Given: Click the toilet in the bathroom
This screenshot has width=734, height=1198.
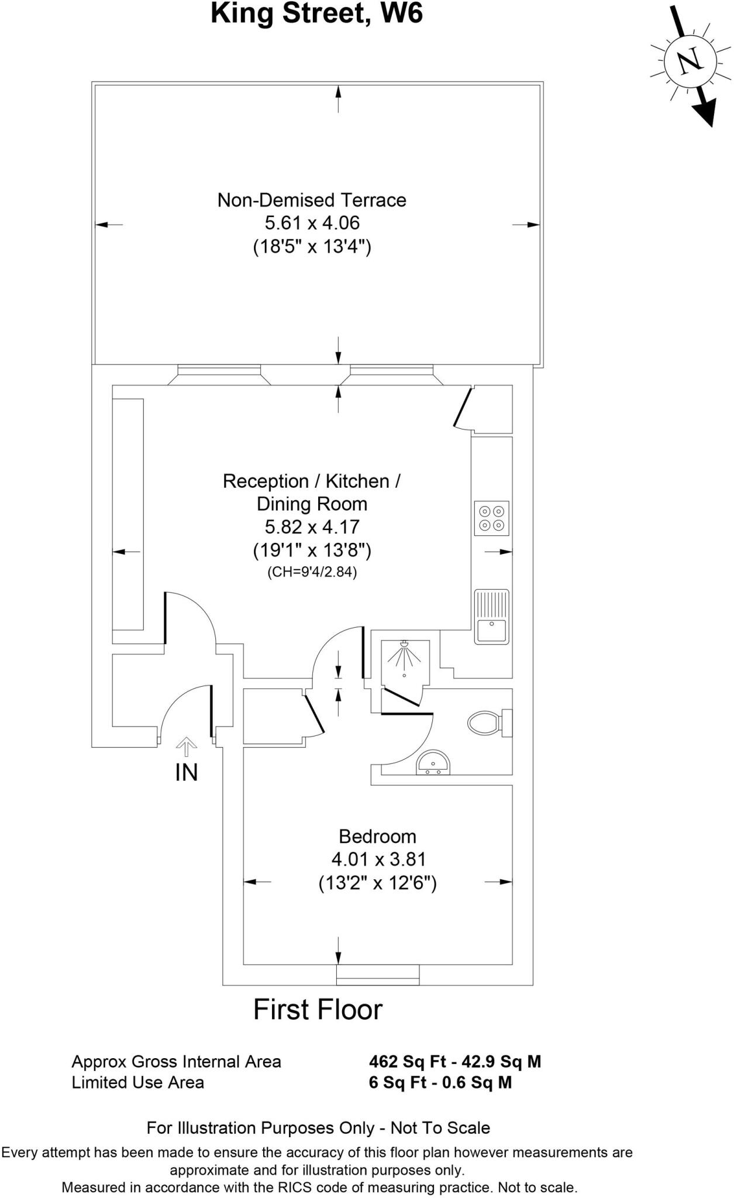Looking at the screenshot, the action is pos(488,723).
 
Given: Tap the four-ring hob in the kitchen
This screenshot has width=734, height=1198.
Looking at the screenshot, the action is pos(491,518).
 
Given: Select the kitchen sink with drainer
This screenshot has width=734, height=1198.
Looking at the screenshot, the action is pos(491,617).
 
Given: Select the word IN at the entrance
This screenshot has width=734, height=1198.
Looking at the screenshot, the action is pos(187,773).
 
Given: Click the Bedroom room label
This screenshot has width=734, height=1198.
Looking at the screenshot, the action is pos(377,836).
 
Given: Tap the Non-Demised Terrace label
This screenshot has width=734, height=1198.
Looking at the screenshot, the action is pos(312,200).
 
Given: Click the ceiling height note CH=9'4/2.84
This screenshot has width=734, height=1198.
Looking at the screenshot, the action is pos(312,572).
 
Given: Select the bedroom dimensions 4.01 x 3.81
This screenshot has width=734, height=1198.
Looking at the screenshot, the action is pos(378,859).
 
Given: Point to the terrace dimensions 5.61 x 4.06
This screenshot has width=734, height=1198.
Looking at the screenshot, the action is pos(312,223).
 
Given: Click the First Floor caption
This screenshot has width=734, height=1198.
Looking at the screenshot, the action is pos(318,1010).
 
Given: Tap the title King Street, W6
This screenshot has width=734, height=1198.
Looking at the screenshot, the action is pos(316,13).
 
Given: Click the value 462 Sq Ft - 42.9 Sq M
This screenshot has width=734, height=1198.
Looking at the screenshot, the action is pos(455,1062).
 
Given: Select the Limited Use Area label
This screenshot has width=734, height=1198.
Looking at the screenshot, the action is pos(137,1083).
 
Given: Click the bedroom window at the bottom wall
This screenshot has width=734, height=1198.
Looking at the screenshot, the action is pos(378,975).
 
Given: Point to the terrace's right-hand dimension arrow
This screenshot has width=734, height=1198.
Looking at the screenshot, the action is pos(526,225).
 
